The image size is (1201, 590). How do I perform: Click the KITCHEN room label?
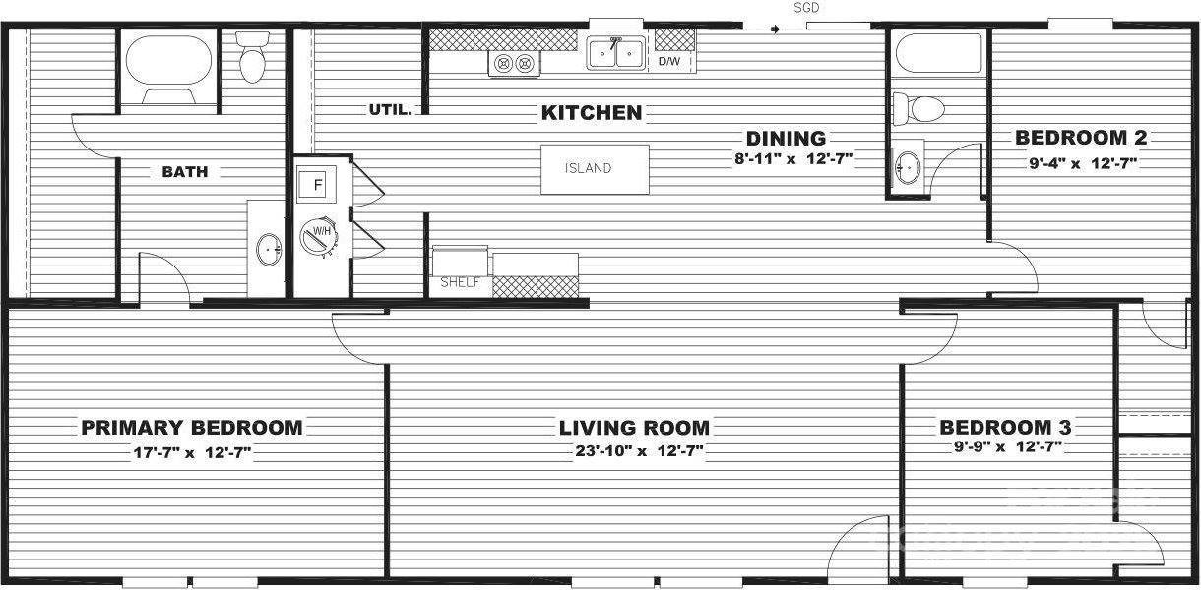point(592,113)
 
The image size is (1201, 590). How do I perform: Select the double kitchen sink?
point(616,53)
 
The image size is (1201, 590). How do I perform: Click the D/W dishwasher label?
point(669,62)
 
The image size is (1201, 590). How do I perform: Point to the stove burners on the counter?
point(515,64)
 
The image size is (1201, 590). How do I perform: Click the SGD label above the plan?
point(806,8)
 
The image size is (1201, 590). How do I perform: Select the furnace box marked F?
point(317,184)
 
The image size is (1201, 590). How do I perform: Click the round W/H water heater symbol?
point(319,236)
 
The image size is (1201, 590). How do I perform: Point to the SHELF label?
point(460,282)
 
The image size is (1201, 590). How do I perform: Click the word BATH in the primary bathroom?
point(185,172)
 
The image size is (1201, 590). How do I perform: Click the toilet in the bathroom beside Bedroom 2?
point(920,106)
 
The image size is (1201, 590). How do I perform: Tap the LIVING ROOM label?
point(634,428)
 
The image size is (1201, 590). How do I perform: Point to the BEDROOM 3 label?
point(1005,427)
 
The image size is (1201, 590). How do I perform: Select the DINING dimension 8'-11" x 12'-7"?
point(793,158)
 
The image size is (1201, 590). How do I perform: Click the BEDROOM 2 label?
point(1081,138)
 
